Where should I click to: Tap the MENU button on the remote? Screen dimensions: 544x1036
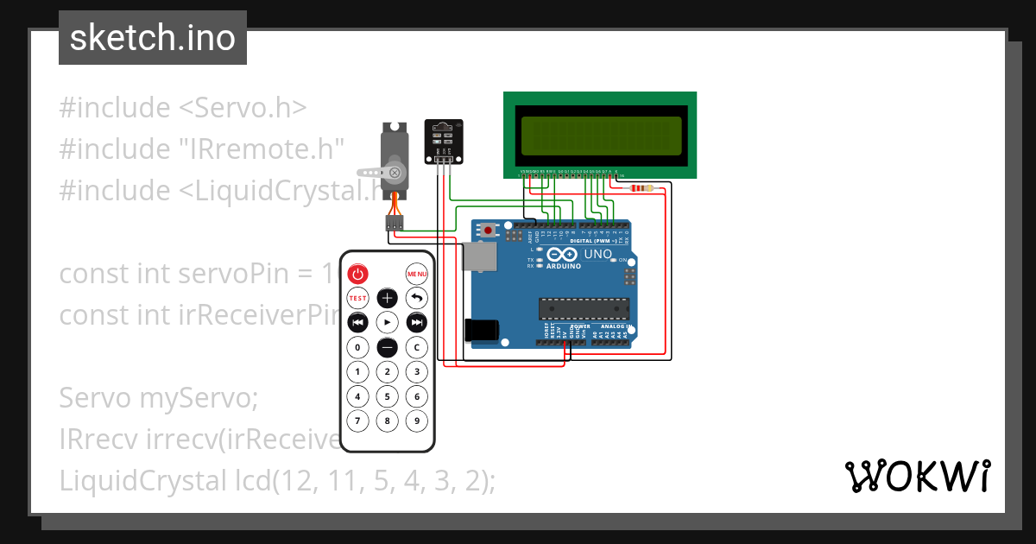(417, 275)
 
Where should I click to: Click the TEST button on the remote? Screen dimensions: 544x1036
(357, 298)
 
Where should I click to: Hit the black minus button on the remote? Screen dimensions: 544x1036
(388, 347)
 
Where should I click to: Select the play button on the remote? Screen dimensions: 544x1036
(388, 322)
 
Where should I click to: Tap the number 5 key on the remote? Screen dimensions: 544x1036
(388, 397)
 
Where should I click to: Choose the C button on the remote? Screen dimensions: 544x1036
(417, 347)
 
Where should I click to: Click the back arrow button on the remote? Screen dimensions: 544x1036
(417, 298)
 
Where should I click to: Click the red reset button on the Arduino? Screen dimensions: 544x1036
(489, 231)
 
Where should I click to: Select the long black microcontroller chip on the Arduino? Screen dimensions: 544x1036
(584, 309)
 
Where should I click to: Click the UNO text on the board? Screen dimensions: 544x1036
(598, 256)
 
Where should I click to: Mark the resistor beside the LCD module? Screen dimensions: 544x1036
(642, 187)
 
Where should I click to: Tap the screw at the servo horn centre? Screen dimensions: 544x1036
(395, 172)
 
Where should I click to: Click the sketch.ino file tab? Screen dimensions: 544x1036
(153, 38)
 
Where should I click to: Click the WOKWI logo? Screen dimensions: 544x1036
(917, 476)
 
